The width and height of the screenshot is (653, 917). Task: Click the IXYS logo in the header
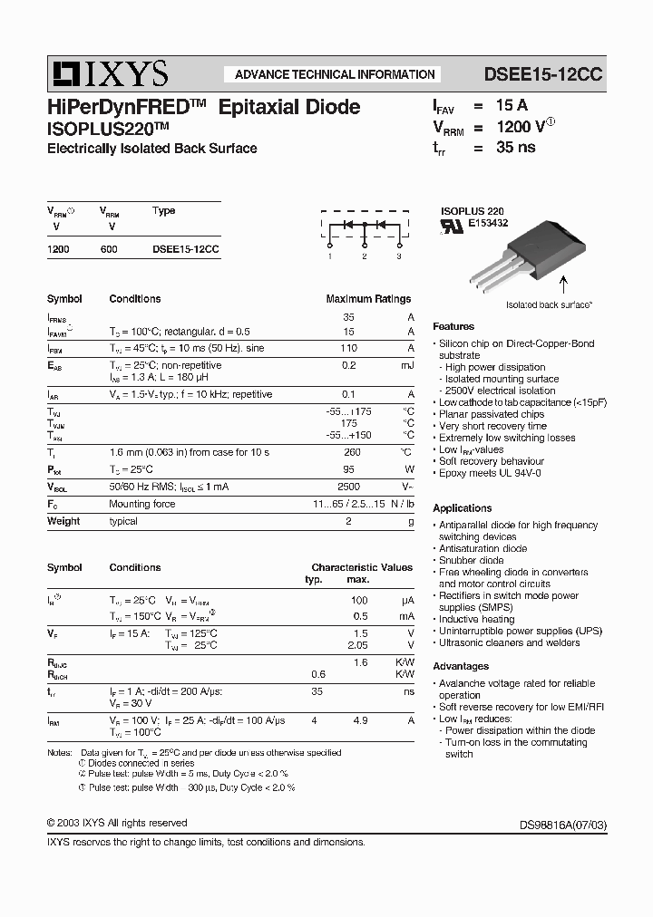(108, 72)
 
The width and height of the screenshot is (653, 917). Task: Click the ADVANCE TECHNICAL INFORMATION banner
(335, 75)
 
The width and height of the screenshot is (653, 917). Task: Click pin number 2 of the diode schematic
(364, 256)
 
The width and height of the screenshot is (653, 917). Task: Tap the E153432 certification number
(488, 222)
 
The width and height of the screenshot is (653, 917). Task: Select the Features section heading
(453, 326)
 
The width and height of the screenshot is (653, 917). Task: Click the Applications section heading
(463, 508)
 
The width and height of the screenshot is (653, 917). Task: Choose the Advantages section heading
(461, 666)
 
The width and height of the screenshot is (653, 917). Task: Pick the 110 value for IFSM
(348, 348)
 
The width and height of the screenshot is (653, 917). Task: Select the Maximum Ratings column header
(368, 299)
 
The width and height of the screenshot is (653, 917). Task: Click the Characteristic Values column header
(362, 567)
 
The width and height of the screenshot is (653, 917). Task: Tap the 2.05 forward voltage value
(357, 644)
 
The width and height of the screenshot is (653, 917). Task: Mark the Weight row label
(63, 521)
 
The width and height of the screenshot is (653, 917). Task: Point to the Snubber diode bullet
(472, 560)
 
